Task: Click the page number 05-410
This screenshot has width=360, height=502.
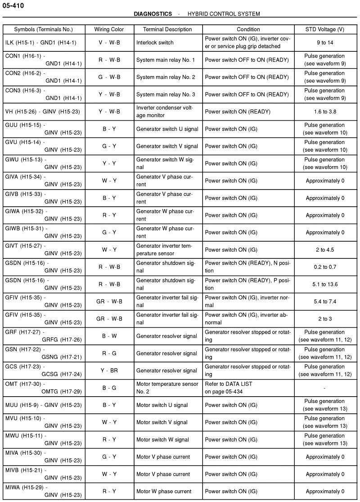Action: (13, 5)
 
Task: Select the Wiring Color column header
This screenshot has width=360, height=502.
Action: (109, 29)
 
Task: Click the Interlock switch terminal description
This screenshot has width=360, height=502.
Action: (155, 42)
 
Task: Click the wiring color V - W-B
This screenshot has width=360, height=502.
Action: (109, 42)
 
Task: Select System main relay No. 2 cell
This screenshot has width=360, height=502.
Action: (166, 77)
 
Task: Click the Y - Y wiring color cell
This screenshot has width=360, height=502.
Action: (109, 163)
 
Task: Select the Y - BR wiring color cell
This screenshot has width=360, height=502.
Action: (109, 371)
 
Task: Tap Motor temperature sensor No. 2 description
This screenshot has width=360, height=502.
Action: (167, 387)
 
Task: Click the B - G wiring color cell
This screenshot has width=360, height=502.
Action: (109, 388)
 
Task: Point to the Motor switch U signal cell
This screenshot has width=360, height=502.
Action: (162, 405)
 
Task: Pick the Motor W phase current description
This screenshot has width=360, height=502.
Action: (164, 491)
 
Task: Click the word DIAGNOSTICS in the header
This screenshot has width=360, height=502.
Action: (153, 14)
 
